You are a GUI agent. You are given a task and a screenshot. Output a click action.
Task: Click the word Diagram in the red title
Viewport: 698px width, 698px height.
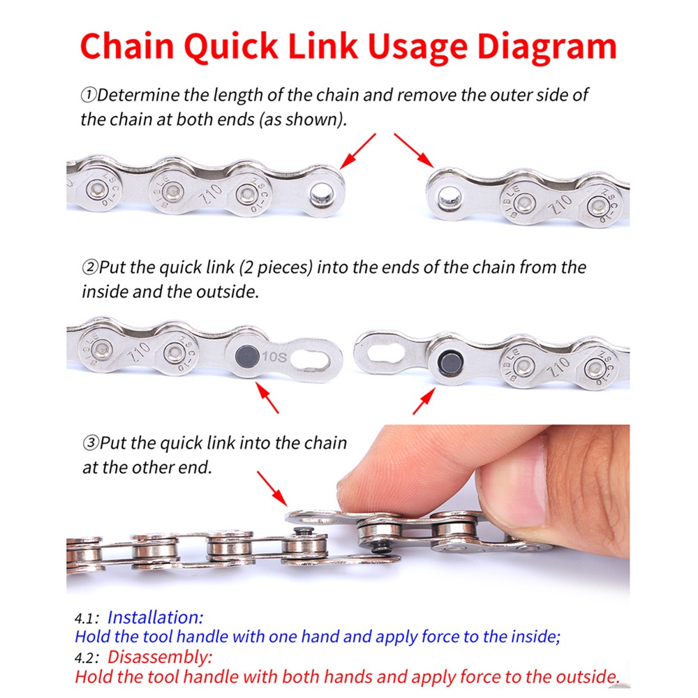tap(547, 46)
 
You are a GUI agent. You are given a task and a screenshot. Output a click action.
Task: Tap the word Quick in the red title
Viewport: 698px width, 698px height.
tap(231, 46)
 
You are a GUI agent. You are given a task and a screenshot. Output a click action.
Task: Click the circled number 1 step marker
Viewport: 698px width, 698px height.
tap(88, 95)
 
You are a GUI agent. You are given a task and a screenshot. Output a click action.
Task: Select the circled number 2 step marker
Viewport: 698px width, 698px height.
tap(90, 267)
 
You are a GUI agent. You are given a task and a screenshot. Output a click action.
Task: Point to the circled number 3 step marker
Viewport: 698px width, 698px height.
tap(91, 443)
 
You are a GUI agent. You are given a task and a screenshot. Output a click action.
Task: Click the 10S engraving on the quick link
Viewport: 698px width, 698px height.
tap(274, 357)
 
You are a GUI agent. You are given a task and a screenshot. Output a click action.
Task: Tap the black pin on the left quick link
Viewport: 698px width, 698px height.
tap(248, 357)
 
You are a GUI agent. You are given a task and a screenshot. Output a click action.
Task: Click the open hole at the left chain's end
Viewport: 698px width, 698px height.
tap(322, 195)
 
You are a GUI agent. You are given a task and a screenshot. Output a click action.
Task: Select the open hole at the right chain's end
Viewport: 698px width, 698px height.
tap(449, 196)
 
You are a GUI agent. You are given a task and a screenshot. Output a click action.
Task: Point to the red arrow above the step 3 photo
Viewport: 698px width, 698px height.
tap(272, 489)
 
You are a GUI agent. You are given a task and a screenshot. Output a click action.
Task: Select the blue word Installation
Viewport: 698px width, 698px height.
tap(155, 618)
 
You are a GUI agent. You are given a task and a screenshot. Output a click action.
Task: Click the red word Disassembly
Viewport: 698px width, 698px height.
tap(160, 657)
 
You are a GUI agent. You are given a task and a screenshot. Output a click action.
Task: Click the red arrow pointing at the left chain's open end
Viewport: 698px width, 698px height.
tap(357, 151)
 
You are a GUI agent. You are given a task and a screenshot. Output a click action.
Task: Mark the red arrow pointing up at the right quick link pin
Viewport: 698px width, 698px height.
tap(424, 401)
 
